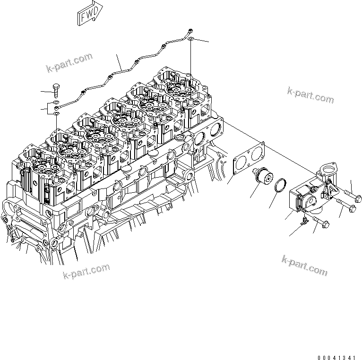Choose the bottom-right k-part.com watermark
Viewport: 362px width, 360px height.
[x=304, y=265]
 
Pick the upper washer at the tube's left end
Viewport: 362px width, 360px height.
[x=56, y=103]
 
